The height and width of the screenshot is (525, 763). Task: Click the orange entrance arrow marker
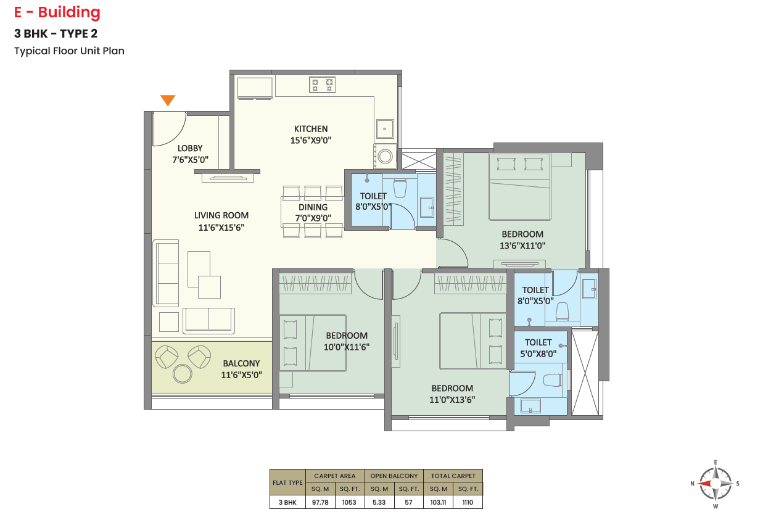168,100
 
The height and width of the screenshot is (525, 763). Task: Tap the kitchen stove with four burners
322,85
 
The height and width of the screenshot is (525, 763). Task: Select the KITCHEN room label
311,129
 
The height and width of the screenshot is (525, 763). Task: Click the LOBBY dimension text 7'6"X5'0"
190,159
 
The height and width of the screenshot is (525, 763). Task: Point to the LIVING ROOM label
221,215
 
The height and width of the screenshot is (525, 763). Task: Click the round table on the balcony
182,374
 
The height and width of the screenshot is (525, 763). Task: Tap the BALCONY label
241,363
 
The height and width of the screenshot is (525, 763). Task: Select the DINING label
313,207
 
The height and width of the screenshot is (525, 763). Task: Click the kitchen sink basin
385,128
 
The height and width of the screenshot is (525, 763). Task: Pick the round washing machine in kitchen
386,156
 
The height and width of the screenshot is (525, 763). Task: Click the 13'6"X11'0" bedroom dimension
522,246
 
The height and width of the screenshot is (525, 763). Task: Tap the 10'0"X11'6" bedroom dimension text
347,347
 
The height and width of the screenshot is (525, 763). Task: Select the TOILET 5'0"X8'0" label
538,348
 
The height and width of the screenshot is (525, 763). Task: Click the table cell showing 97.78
320,502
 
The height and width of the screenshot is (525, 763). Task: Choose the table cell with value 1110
468,502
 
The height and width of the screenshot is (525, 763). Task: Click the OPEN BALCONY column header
394,476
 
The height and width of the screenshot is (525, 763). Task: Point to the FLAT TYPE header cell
287,482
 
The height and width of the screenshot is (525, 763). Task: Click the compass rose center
716,484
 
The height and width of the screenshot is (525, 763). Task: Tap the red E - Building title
57,12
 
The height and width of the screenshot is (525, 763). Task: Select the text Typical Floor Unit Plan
69,51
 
